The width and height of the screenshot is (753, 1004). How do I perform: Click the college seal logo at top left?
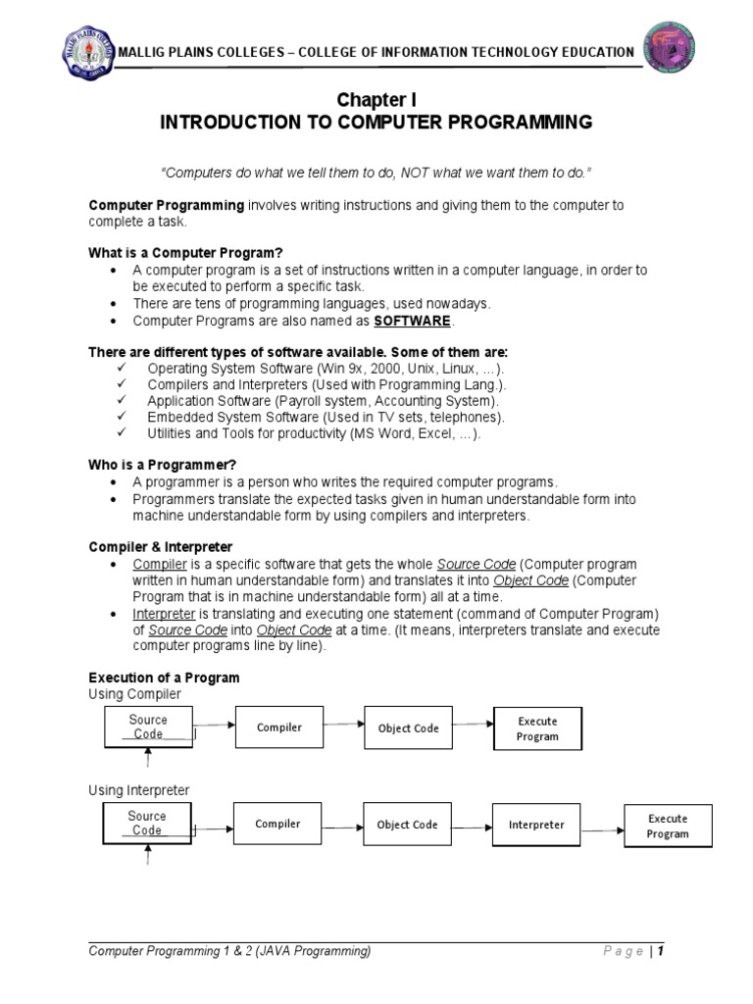coord(85,51)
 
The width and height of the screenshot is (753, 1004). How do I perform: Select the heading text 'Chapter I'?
coord(370,100)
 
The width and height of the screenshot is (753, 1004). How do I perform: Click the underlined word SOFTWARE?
coord(414,321)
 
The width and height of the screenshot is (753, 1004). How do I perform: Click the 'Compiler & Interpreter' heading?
coord(161,546)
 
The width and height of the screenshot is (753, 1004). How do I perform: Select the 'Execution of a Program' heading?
coord(164,678)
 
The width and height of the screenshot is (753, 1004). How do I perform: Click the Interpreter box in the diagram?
coord(536,825)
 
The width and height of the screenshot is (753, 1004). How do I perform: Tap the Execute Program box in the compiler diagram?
coord(537,728)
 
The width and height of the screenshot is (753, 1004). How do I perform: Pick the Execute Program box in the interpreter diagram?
coord(668,826)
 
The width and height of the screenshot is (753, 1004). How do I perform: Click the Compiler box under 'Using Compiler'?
coord(278,728)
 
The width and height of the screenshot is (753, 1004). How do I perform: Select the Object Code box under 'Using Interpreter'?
coord(407,825)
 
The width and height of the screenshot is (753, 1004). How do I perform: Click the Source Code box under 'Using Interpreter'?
coord(147,824)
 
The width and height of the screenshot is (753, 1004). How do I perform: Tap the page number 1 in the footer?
coord(662,951)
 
